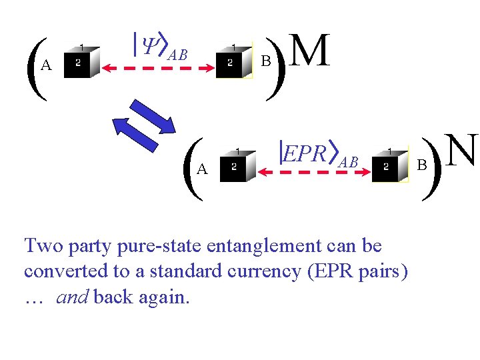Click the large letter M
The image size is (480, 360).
click(x=311, y=52)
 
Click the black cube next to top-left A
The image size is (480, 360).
click(x=81, y=62)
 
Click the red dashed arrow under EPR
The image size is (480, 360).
click(x=314, y=172)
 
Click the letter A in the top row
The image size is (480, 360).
click(x=46, y=65)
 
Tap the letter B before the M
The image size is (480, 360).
click(x=265, y=61)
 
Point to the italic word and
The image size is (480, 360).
click(x=72, y=297)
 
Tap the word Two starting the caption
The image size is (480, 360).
click(x=43, y=246)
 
